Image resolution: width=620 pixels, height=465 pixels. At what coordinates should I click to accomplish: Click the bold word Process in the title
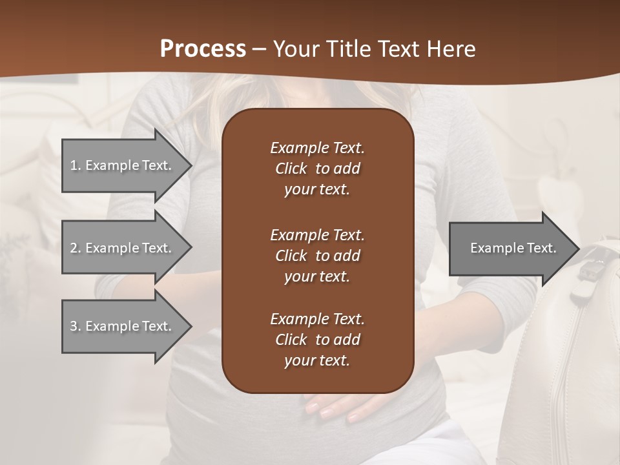click(x=203, y=49)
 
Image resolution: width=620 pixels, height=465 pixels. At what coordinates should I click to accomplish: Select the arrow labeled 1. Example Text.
click(x=123, y=165)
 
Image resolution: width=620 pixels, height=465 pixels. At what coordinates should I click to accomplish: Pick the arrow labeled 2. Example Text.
click(x=123, y=248)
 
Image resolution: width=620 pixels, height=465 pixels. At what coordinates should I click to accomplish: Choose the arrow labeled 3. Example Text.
click(x=123, y=326)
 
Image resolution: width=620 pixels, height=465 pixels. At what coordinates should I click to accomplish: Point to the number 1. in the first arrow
click(x=76, y=165)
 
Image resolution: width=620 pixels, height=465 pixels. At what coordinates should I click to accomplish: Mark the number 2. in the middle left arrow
click(x=76, y=248)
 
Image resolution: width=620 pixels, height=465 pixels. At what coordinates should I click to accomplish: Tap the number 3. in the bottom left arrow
click(x=76, y=326)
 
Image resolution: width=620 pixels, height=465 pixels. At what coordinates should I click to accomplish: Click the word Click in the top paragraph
click(x=291, y=169)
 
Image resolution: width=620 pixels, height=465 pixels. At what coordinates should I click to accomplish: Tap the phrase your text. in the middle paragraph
click(x=316, y=276)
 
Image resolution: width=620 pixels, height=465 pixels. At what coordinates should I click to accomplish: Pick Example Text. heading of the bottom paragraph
click(x=317, y=319)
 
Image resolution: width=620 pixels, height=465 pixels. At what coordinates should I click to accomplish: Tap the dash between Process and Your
click(x=259, y=49)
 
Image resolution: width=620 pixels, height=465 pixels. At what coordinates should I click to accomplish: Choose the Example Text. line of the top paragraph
click(x=317, y=148)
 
